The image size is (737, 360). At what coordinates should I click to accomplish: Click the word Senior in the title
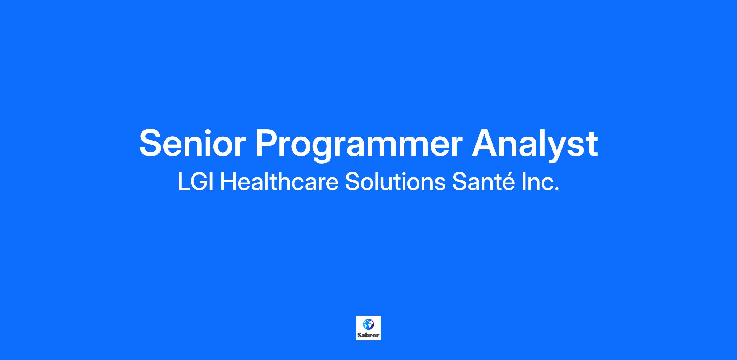[193, 143]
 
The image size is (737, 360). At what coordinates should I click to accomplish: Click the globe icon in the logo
[368, 323]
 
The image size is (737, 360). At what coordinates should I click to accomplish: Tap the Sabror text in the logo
[368, 335]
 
